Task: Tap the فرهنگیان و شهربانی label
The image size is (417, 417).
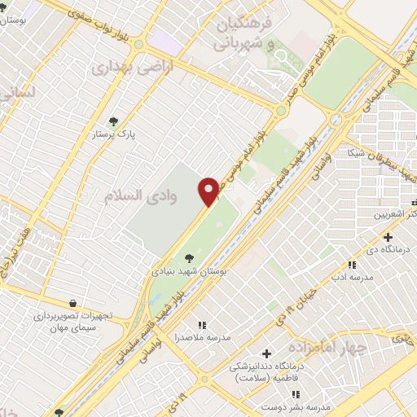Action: [244, 34]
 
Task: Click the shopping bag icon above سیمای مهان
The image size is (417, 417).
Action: [74, 303]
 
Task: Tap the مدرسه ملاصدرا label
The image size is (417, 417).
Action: [203, 336]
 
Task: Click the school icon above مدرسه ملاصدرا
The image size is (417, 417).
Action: [202, 325]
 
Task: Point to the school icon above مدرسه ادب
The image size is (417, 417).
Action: [352, 265]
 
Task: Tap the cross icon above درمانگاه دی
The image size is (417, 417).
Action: [387, 237]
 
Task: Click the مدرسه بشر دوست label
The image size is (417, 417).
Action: [302, 405]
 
